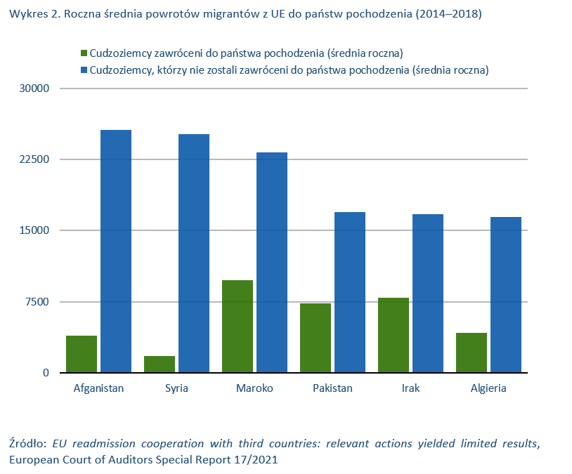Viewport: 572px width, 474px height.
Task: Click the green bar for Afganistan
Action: (82, 354)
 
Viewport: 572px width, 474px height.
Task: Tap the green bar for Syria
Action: (160, 364)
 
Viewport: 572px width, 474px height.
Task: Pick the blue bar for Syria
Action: (194, 254)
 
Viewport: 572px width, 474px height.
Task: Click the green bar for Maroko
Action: (238, 327)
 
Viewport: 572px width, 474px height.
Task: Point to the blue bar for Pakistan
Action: (350, 292)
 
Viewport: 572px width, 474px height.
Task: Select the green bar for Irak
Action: (394, 335)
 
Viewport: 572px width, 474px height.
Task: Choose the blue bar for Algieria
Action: (506, 295)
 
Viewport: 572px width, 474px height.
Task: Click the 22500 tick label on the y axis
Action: (34, 159)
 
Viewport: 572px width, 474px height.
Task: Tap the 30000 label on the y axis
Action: (34, 88)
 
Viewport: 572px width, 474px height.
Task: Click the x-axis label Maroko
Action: (254, 388)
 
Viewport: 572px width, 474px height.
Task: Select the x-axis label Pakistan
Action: (332, 388)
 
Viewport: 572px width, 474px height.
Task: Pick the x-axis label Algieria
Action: (488, 388)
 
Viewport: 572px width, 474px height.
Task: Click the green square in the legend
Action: (84, 53)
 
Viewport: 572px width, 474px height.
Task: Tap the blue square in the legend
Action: (84, 70)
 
